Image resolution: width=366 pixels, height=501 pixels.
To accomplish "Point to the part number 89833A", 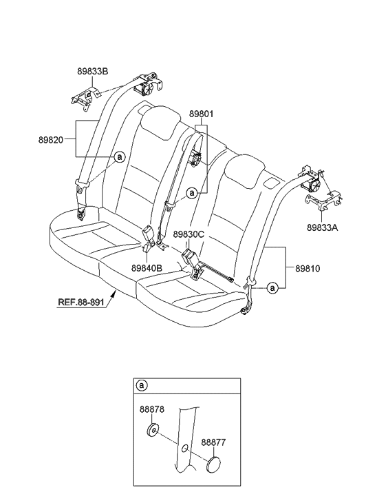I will [x=322, y=225].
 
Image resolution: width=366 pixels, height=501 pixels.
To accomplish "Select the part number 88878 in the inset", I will [x=150, y=409].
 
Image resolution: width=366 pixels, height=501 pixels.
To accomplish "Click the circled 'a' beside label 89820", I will [x=118, y=157].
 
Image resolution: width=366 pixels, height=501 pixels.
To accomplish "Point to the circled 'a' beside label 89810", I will [x=272, y=289].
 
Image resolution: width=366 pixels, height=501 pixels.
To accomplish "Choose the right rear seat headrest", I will [x=242, y=169].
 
